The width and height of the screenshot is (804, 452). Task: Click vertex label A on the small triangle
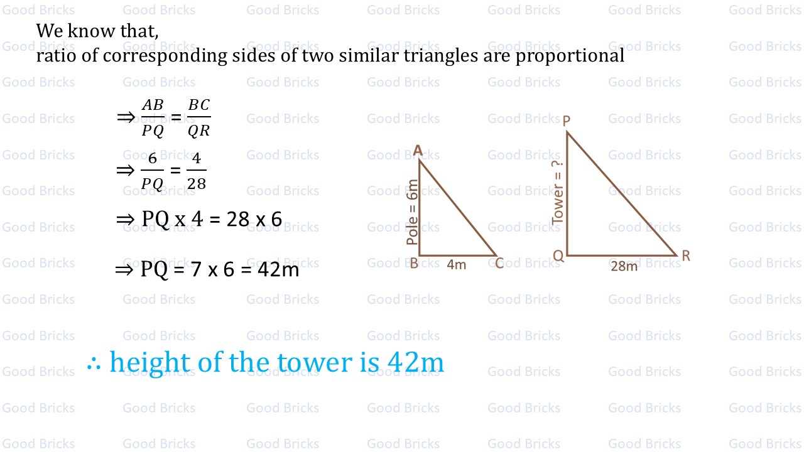pyautogui.click(x=418, y=149)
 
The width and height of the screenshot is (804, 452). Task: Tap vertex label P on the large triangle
pyautogui.click(x=566, y=120)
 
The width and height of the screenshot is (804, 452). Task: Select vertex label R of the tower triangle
pyautogui.click(x=686, y=256)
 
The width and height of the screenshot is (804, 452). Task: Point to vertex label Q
pyautogui.click(x=558, y=256)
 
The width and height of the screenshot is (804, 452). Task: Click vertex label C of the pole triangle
pyautogui.click(x=499, y=263)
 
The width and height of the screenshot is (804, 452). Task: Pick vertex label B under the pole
pyautogui.click(x=414, y=264)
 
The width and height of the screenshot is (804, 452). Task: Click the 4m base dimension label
pyautogui.click(x=457, y=265)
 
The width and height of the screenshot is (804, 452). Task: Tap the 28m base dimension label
pyautogui.click(x=624, y=266)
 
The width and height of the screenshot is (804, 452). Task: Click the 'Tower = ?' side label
pyautogui.click(x=558, y=192)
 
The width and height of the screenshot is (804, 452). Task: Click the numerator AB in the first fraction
pyautogui.click(x=153, y=105)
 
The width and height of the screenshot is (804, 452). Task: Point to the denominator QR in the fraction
pyautogui.click(x=199, y=131)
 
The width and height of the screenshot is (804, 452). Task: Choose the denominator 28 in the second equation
pyautogui.click(x=197, y=184)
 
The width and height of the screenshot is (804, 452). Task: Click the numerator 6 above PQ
pyautogui.click(x=153, y=158)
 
